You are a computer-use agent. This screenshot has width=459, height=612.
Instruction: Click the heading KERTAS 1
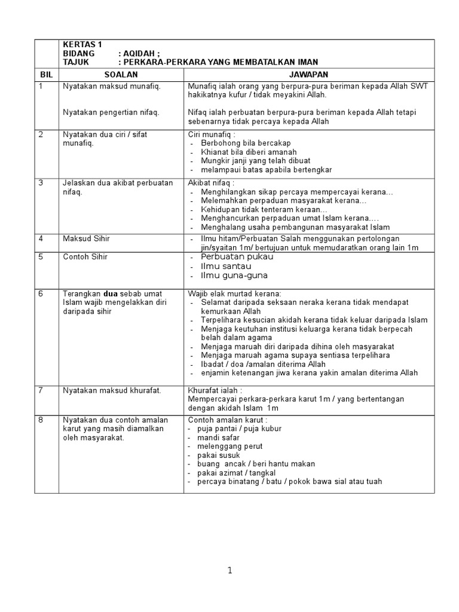point(82,44)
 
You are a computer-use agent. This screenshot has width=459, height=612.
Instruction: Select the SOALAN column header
point(121,74)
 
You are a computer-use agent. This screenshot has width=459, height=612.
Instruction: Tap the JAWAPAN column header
point(308,74)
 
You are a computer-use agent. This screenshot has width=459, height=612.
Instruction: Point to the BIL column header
point(46,74)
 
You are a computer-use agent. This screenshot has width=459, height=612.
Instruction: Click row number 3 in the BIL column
point(41,183)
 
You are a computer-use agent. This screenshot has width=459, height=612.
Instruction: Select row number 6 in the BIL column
point(41,293)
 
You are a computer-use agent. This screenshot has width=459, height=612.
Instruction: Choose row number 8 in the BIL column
point(41,420)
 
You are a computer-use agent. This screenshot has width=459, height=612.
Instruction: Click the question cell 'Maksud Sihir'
point(86,238)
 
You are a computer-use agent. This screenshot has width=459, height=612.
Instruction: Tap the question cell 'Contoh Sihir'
point(86,256)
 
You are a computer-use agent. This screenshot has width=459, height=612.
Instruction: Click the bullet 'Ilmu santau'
point(226,266)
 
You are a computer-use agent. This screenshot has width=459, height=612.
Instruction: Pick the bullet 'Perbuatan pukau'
point(233,256)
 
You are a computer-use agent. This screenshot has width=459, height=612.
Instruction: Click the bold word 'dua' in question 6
point(112,293)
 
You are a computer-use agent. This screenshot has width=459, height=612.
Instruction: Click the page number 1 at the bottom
point(229,571)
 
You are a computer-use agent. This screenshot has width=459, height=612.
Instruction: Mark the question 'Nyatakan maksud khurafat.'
point(112,390)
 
